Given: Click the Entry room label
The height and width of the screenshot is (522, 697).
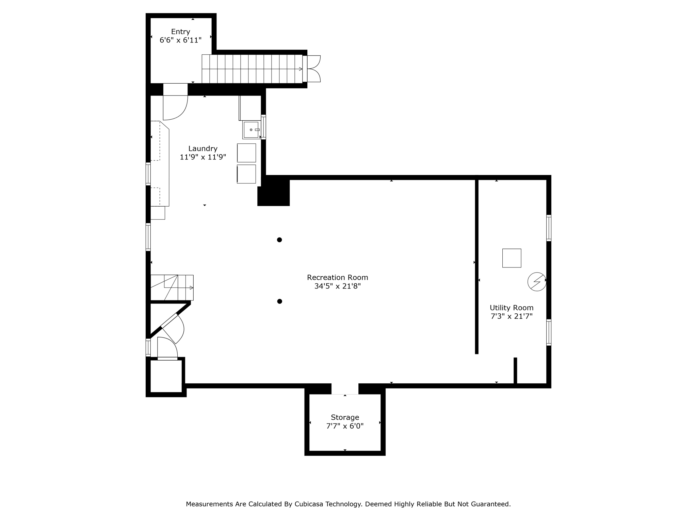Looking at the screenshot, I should (x=180, y=32).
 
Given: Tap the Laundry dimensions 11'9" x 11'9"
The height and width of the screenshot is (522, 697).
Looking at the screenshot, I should (x=203, y=157).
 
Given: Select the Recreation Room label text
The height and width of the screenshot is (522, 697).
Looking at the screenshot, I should (x=337, y=277).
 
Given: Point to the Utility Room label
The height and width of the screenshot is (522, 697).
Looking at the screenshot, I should (x=511, y=308).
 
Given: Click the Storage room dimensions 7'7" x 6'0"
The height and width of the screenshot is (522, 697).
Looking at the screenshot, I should (x=345, y=426).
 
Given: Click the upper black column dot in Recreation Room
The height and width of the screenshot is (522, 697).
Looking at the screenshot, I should (x=279, y=240).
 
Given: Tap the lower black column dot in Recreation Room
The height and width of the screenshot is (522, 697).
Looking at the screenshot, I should (x=279, y=301).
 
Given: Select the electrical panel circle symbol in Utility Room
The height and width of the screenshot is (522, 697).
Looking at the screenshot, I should (x=537, y=281).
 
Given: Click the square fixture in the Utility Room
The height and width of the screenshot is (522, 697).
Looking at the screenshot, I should (x=512, y=258).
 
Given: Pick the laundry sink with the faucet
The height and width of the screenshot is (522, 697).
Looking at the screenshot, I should (x=251, y=130).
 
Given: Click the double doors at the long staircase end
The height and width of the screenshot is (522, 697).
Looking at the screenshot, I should (x=313, y=69).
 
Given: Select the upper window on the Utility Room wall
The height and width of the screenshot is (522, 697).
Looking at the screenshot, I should (x=549, y=228).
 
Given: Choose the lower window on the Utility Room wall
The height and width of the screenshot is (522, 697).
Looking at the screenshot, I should (x=549, y=332).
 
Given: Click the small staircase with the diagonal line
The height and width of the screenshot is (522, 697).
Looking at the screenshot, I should (x=172, y=288).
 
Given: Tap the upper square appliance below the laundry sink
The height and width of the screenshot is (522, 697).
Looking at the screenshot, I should (x=246, y=153).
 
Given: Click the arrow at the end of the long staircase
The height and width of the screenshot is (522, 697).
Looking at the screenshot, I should (x=300, y=69).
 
